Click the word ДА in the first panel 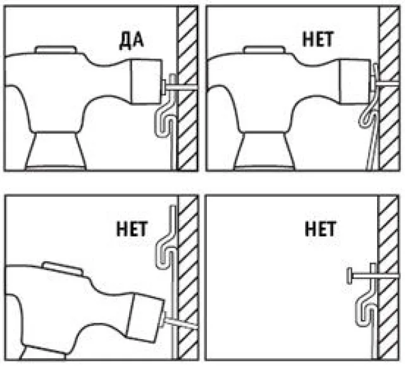pos(131,41)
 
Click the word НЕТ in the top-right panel pos(318,39)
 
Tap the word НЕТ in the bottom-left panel pos(132,229)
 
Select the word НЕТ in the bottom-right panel pos(320,229)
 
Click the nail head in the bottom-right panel pos(350,276)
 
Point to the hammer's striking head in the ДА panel pos(146,82)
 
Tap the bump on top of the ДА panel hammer pos(56,49)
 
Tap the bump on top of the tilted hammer pos(63,268)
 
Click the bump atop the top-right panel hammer pos(265,49)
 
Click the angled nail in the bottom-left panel pos(182,322)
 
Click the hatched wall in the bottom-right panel pos(388,277)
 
